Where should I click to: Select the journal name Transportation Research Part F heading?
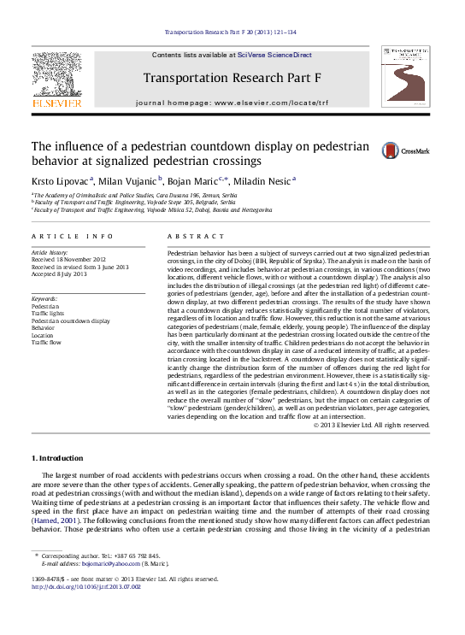click(231, 78)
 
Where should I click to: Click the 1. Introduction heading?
click(56, 458)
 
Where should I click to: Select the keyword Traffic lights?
click(49, 314)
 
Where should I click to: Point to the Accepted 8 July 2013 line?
click(60, 274)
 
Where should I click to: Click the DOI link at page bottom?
click(86, 587)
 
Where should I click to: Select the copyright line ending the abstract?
click(372, 425)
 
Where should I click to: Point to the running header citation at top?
click(231, 32)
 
